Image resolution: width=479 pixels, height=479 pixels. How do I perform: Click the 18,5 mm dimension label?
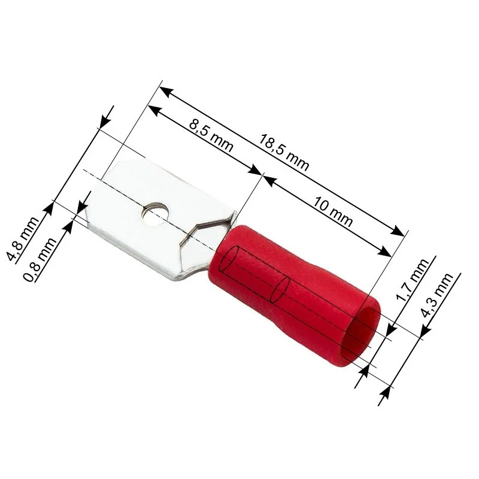[x=284, y=152]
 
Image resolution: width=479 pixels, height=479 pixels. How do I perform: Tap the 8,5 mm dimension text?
[x=211, y=135]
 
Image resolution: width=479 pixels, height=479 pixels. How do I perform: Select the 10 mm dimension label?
[x=332, y=212]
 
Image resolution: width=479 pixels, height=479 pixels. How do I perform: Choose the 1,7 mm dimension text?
[x=412, y=280]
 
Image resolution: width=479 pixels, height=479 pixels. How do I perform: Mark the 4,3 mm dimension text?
[x=437, y=295]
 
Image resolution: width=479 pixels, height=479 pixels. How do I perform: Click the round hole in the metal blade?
[x=153, y=214]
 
